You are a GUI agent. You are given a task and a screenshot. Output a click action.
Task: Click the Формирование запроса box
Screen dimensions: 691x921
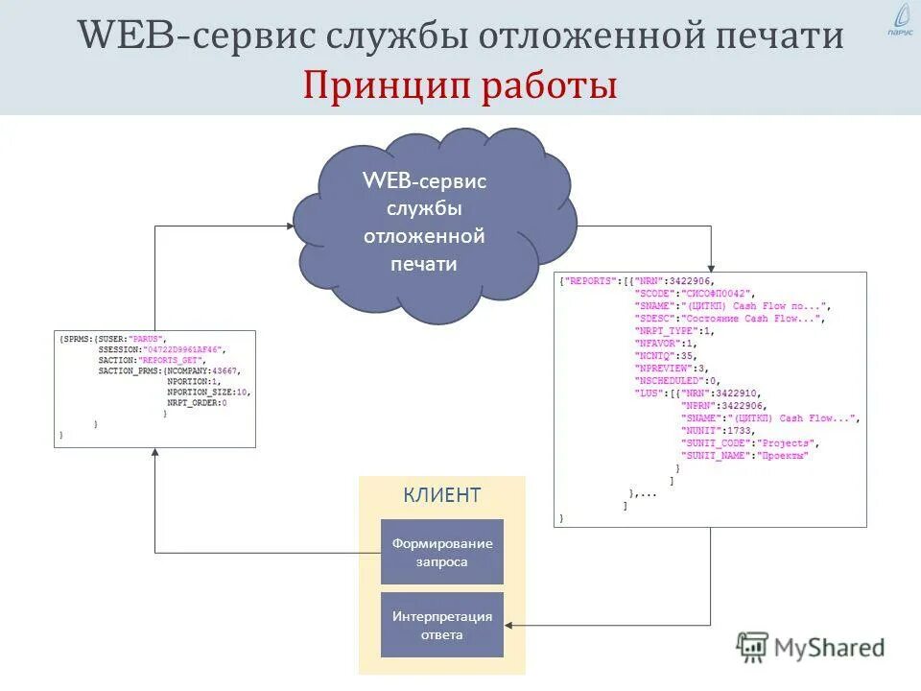coord(442,552)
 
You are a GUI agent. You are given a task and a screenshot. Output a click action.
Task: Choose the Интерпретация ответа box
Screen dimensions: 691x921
coord(442,625)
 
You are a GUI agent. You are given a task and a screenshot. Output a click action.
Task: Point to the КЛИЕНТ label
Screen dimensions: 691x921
coord(442,495)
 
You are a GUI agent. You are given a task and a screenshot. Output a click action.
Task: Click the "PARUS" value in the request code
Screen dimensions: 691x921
coord(150,339)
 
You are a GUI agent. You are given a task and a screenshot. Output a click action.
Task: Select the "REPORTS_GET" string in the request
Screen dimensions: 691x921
coord(165,360)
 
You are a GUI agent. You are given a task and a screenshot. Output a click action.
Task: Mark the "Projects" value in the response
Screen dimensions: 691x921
coord(788,443)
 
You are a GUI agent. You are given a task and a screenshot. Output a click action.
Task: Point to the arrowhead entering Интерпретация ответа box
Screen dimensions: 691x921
coord(509,625)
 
